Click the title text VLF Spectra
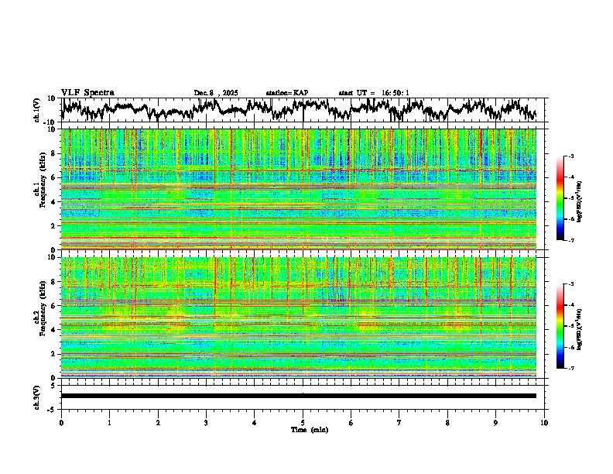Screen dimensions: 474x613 tap(87, 92)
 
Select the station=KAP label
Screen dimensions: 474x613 tap(286, 93)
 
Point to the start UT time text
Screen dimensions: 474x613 tap(374, 93)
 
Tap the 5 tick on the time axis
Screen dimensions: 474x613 tap(303, 422)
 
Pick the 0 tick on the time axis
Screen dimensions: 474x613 tap(61, 422)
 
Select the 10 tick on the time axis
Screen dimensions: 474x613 tap(544, 422)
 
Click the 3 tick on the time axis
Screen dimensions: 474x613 tap(206, 422)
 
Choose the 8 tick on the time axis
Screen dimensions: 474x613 tap(447, 422)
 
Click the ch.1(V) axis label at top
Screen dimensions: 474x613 tap(37, 110)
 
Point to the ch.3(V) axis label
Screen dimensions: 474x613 tap(37, 396)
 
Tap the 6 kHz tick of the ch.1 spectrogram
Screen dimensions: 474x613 tap(56, 177)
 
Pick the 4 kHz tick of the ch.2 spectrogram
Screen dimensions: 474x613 tap(56, 329)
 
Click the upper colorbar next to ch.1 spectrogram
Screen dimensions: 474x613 tap(561, 199)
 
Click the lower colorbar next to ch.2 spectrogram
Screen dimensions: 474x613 tap(561, 326)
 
